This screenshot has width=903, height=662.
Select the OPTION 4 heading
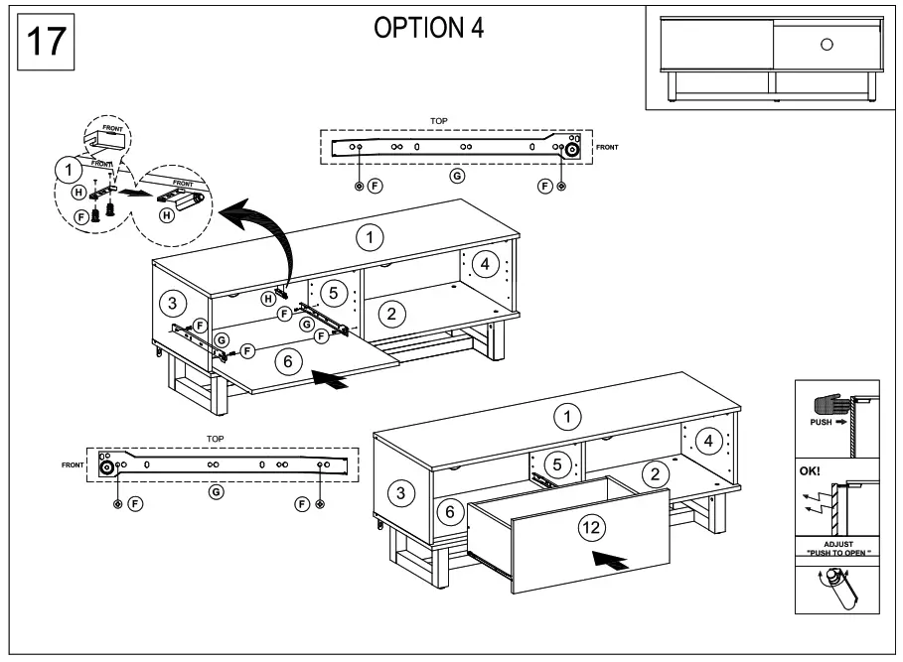click(x=428, y=29)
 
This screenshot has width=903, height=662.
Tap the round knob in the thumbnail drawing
click(x=826, y=45)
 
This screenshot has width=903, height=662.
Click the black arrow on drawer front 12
click(x=611, y=560)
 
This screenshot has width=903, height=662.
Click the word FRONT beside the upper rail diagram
click(x=606, y=147)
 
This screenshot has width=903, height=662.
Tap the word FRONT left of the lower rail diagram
click(x=73, y=464)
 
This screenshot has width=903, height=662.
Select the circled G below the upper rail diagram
click(x=457, y=176)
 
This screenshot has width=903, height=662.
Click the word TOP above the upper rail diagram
click(x=438, y=120)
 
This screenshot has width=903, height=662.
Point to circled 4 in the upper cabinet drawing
click(x=484, y=264)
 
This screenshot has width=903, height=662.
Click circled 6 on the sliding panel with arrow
click(x=287, y=362)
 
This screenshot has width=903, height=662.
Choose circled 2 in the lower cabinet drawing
click(x=653, y=473)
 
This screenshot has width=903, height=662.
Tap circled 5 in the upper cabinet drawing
click(x=335, y=293)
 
